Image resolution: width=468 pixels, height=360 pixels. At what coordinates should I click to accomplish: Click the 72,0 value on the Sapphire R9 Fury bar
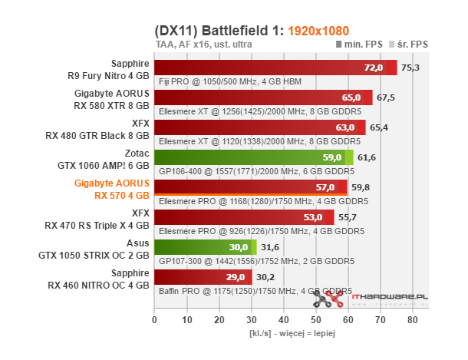(373, 68)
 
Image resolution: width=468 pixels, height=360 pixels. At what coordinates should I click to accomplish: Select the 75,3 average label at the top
(411, 68)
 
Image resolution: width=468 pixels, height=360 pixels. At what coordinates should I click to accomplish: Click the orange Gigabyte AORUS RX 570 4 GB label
(111, 189)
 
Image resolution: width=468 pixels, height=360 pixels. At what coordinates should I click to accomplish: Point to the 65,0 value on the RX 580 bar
(351, 97)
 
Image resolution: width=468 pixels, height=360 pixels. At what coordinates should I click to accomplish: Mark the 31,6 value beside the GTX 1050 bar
(270, 247)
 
